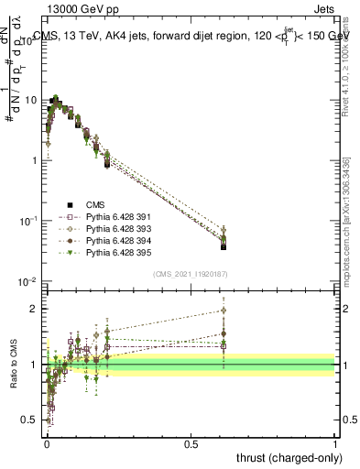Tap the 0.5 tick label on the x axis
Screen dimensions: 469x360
pyautogui.click(x=191, y=442)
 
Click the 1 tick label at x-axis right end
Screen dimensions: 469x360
pyautogui.click(x=335, y=442)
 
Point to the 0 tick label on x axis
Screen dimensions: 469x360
pyautogui.click(x=46, y=442)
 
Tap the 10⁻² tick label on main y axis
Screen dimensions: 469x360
pyautogui.click(x=29, y=281)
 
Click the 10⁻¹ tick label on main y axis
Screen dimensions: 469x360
pyautogui.click(x=29, y=221)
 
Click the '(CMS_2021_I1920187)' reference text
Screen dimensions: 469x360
pyautogui.click(x=190, y=273)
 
